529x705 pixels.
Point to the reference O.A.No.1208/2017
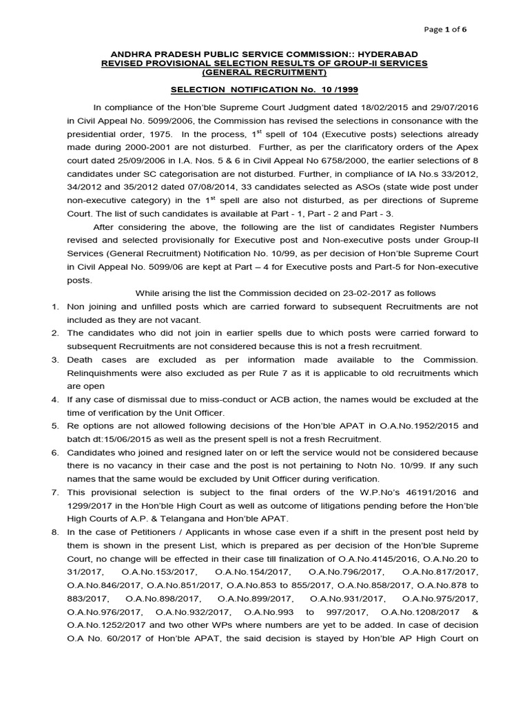coord(420,611)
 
